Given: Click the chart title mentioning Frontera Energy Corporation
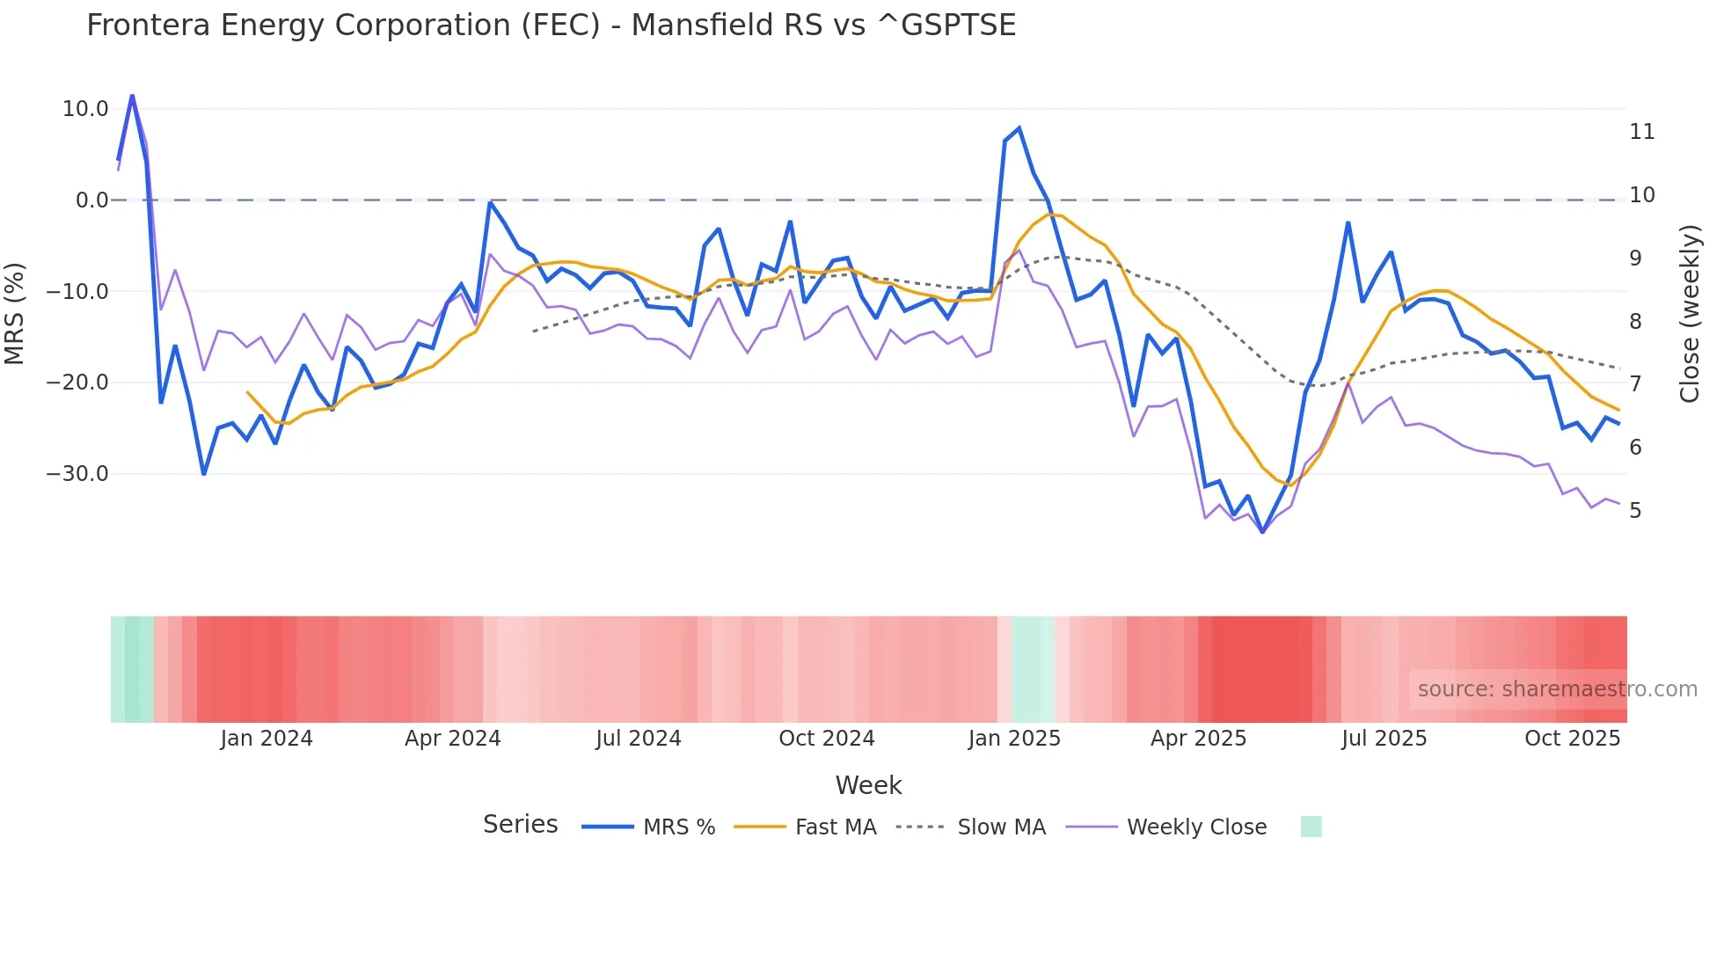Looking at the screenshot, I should (551, 25).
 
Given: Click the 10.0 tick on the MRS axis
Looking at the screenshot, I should (85, 109).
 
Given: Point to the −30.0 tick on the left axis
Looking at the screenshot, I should (77, 474).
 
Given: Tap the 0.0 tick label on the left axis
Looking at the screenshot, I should (91, 200).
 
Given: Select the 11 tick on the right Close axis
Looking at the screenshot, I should (1641, 132).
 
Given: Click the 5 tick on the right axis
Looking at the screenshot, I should (1635, 511).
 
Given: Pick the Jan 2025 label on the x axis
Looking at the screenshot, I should (1014, 739).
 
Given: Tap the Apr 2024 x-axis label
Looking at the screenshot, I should (452, 739).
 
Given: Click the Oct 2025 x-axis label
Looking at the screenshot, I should (1572, 739).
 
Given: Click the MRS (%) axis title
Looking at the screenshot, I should (15, 313).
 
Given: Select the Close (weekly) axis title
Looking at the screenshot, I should (1689, 314).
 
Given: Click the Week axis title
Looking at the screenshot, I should (868, 785).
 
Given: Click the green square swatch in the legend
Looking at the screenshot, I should (1311, 827).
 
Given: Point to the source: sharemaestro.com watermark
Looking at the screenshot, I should (1557, 689).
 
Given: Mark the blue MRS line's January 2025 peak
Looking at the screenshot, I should (1019, 128).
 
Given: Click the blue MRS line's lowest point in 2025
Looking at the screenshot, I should (1262, 532).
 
